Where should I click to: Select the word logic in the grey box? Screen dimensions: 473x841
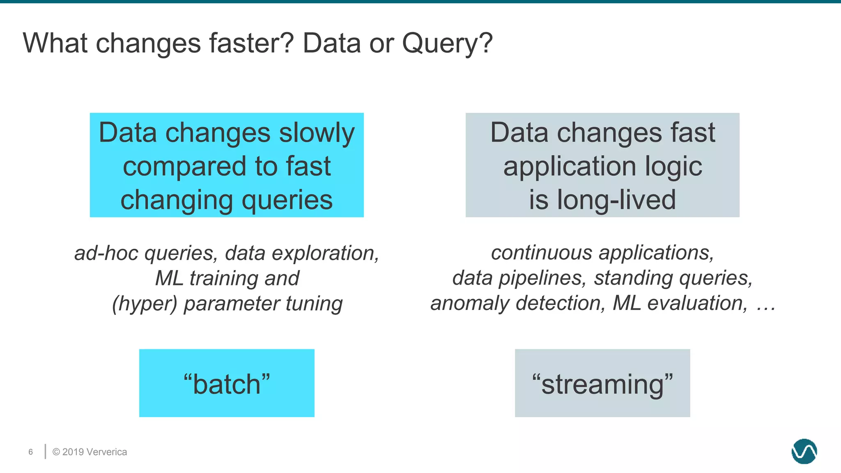[673, 167]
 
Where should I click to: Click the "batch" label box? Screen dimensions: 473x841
[227, 383]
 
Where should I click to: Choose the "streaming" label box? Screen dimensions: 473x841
[602, 383]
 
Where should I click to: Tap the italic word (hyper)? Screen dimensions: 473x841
[144, 304]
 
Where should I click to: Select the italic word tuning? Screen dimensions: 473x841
[314, 304]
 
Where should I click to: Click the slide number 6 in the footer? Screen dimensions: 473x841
[31, 452]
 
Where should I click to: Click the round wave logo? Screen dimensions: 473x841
[804, 451]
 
